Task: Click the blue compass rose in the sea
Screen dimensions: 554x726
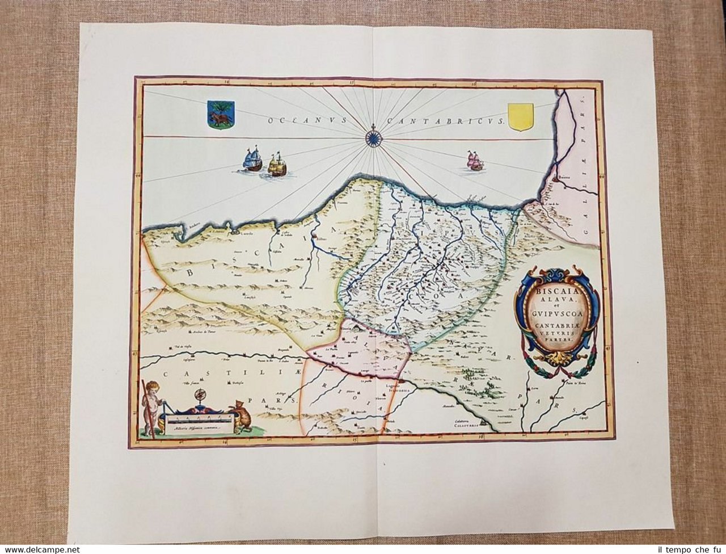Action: click(373, 136)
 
